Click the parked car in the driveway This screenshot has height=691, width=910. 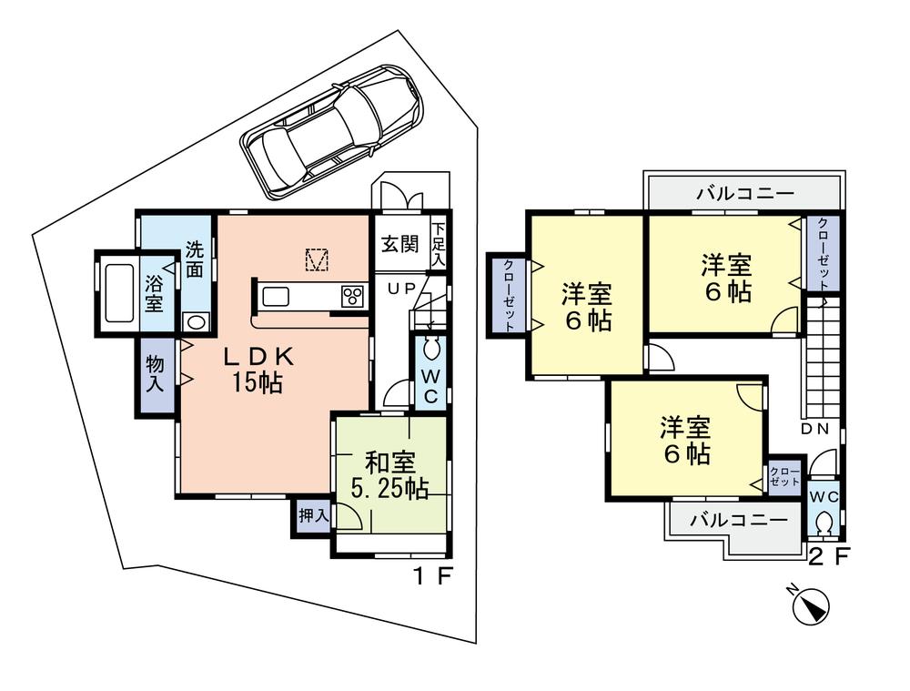332,129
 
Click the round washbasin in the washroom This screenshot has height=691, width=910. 195,320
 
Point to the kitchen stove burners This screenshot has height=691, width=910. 351,296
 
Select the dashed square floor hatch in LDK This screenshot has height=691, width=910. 316,259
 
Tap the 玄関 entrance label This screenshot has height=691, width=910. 400,244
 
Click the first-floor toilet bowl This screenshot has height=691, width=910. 430,351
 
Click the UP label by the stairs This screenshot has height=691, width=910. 402,289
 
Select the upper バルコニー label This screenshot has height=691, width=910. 745,194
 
